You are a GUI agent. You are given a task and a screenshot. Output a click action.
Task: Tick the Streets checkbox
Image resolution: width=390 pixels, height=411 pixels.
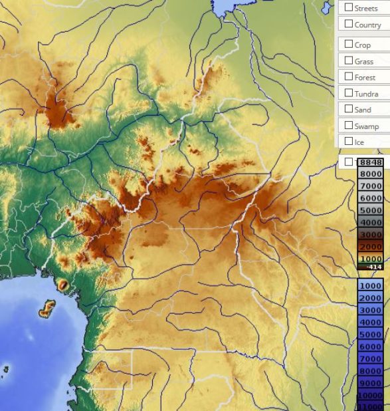click(348, 8)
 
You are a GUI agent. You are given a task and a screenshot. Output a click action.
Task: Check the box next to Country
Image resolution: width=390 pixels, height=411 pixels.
click(348, 25)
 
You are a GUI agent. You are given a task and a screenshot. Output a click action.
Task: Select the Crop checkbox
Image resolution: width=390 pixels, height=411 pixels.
click(348, 45)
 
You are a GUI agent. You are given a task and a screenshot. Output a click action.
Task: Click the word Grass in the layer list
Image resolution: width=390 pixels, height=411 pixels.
click(363, 61)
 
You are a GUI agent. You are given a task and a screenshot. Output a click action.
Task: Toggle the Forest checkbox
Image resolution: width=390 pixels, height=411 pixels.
click(348, 77)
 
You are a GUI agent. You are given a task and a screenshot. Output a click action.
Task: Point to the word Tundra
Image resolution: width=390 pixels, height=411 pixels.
click(366, 94)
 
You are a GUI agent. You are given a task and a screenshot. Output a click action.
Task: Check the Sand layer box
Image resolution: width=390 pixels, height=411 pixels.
click(348, 109)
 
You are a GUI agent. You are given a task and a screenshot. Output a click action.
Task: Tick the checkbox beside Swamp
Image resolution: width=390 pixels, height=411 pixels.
click(348, 125)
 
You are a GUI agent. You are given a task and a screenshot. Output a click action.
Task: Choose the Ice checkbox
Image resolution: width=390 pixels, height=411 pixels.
click(348, 142)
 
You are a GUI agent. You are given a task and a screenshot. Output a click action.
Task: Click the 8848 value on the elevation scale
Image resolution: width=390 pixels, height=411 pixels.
click(371, 162)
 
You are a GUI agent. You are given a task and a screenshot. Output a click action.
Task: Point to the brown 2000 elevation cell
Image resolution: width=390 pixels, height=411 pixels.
click(371, 246)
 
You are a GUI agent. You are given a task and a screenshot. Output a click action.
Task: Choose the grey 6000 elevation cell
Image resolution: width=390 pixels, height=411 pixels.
click(371, 198)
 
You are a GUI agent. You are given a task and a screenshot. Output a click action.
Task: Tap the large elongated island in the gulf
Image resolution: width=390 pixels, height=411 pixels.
click(46, 309)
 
